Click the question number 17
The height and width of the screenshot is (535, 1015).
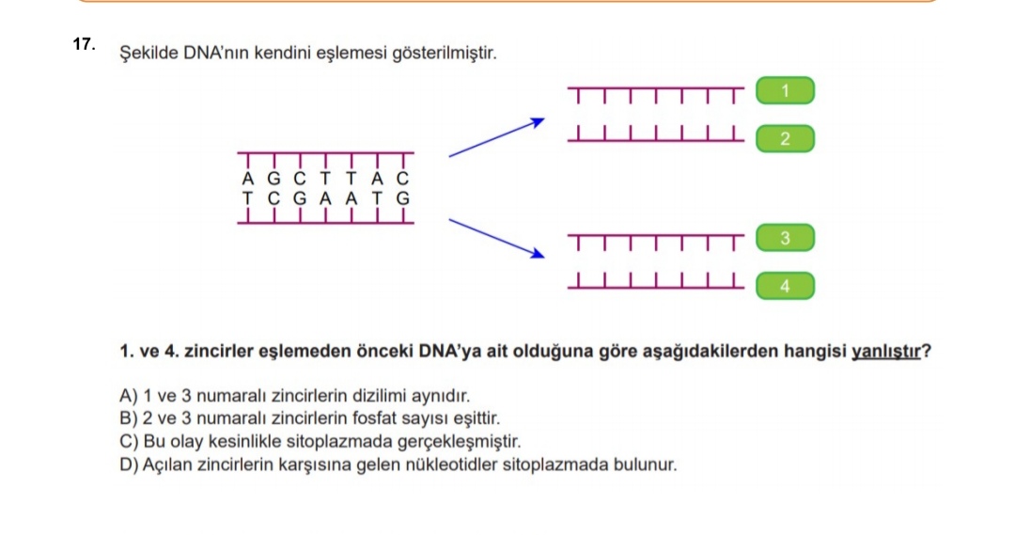pos(83,44)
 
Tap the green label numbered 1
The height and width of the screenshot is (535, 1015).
pos(785,91)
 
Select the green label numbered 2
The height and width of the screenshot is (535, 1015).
pos(785,140)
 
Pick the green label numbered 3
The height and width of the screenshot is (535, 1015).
pos(785,239)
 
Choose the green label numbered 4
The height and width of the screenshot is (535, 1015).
pos(785,287)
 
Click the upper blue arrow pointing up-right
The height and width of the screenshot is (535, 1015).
pos(496,137)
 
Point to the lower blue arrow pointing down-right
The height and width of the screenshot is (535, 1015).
pos(496,237)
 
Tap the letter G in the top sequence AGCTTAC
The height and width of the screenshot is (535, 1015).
pos(274,180)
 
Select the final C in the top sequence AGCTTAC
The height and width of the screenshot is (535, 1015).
pos(403,180)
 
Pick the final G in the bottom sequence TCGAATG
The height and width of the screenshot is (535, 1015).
pos(403,198)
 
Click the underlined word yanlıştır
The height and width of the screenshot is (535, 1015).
pos(883,353)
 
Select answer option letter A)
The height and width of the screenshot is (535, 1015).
pos(129,397)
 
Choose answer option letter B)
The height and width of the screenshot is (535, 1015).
pos(129,418)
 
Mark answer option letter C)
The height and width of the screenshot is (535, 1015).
pos(129,441)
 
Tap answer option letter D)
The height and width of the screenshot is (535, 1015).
pos(129,464)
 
